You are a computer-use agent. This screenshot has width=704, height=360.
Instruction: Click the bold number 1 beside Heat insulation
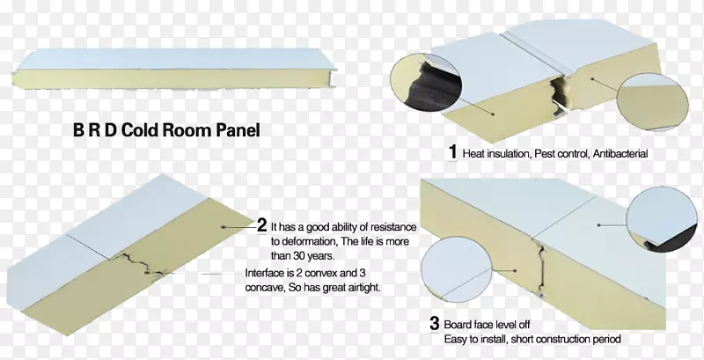[x=452, y=152]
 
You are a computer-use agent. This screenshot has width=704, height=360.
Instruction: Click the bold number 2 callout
[x=262, y=225]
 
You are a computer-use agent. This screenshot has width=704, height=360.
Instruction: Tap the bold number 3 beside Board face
[x=434, y=324]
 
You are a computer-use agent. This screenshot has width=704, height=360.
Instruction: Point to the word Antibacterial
[x=620, y=154]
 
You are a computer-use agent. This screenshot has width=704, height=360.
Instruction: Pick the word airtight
[x=363, y=288]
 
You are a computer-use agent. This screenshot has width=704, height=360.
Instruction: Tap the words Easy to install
[x=475, y=340]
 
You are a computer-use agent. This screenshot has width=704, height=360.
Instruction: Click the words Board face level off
[x=487, y=324]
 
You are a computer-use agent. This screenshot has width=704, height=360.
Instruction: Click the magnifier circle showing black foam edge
[x=426, y=83]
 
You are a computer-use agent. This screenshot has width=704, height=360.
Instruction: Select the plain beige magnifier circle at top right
[x=652, y=102]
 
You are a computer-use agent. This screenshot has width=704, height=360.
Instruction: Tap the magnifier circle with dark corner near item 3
[x=662, y=219]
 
